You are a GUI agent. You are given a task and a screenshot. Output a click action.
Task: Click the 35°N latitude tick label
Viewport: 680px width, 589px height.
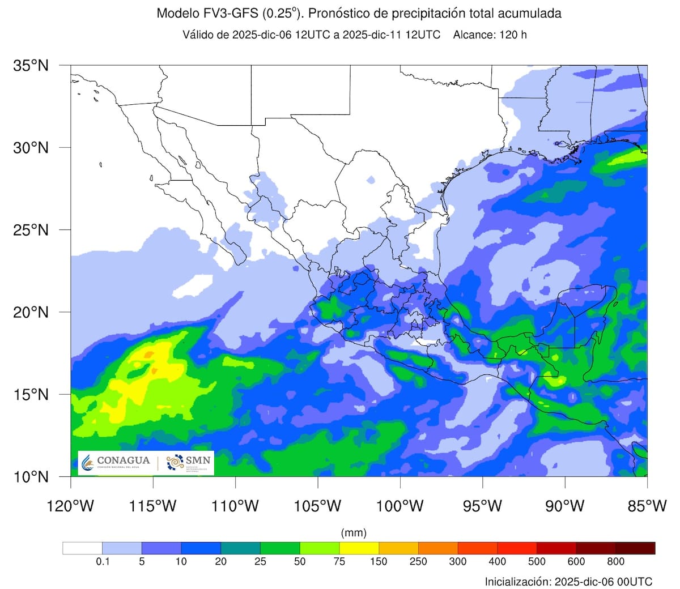[31, 66]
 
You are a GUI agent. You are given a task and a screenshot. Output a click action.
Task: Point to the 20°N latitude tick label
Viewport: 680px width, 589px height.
[31, 312]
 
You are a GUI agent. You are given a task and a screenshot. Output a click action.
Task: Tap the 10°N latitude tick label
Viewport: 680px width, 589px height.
[31, 477]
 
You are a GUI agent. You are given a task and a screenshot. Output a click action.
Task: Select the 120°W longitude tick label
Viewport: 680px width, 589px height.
[71, 506]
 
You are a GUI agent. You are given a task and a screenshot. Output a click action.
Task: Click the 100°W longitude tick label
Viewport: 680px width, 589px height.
[400, 506]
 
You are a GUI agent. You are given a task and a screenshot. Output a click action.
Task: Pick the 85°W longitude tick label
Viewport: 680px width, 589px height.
[647, 506]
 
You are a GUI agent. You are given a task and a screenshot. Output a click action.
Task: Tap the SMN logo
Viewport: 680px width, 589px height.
[189, 463]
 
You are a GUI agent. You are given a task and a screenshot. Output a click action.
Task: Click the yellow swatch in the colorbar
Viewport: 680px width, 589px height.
[359, 548]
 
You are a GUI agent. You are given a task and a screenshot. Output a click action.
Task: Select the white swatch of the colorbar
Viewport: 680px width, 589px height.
[82, 548]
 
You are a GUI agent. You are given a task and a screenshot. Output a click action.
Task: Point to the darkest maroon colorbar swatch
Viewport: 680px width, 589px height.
[635, 548]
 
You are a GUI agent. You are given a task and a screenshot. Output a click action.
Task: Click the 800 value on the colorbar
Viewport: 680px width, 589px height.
[615, 562]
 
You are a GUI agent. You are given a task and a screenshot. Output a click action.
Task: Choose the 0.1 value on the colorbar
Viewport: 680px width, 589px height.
[103, 562]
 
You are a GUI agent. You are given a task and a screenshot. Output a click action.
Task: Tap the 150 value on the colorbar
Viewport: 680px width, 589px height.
[379, 562]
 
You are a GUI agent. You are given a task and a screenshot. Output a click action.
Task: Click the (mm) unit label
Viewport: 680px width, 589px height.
[354, 533]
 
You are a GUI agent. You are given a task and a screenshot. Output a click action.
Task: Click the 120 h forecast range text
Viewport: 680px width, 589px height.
[512, 35]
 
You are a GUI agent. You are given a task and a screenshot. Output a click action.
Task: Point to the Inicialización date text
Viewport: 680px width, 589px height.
[568, 582]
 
